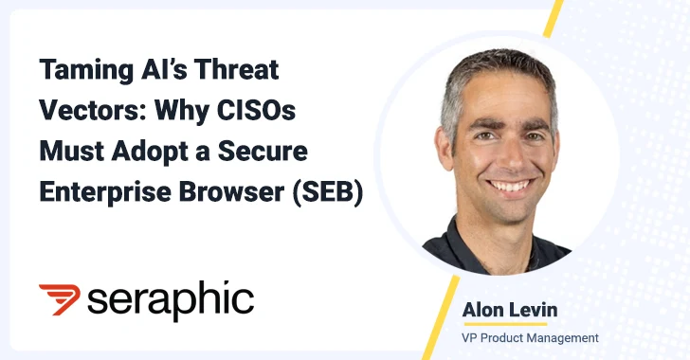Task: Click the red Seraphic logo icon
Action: [59, 298]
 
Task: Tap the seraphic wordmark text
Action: [171, 299]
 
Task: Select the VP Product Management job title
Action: [532, 336]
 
